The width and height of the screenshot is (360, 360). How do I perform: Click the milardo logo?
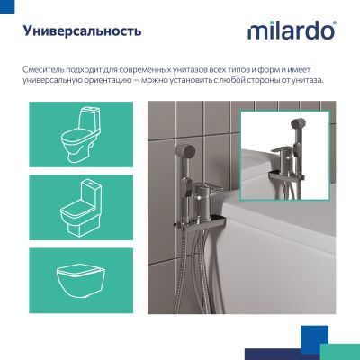(x=291, y=31)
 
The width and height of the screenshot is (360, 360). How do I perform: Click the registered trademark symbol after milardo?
(x=335, y=24)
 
